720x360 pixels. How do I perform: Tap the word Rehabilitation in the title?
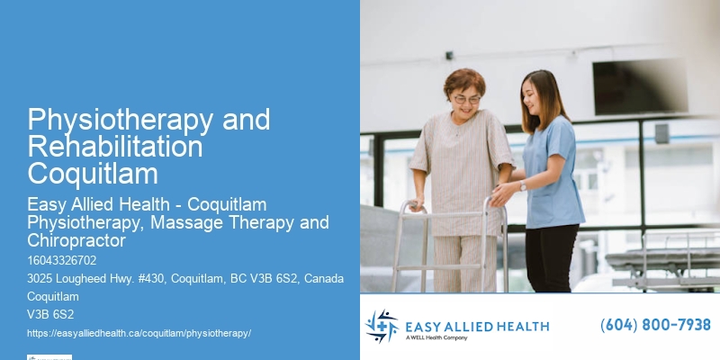coord(115,146)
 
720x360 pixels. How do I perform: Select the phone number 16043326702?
coord(62,260)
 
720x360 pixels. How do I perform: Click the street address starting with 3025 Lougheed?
coord(185,278)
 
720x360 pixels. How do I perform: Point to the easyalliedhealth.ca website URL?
coord(139,333)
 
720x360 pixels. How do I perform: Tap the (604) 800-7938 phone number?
coord(655,325)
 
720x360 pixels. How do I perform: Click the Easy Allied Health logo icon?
coord(382,326)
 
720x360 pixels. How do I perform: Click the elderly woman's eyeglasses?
coord(465,98)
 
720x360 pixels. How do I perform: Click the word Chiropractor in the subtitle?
coord(76,240)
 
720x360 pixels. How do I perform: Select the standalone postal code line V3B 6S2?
coord(50,314)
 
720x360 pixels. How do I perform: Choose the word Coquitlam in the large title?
coord(93,172)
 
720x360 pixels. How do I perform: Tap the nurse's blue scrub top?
coord(552,171)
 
